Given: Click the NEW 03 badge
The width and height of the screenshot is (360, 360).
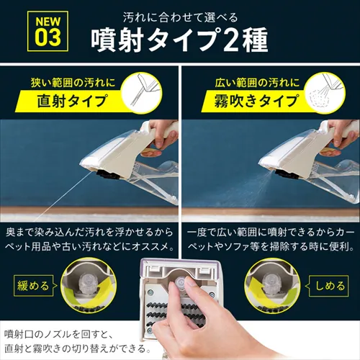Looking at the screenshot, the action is click(x=48, y=31).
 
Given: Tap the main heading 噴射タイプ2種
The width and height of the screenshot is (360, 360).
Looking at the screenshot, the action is click(x=179, y=40).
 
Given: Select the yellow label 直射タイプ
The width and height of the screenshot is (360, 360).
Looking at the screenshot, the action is click(x=71, y=101).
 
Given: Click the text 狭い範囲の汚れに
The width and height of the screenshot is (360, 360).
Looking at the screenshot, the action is click(x=73, y=83).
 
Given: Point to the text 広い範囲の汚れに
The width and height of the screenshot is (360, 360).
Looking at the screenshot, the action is click(x=257, y=83).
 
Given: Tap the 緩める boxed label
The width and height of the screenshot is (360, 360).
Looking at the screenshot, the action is click(x=34, y=286).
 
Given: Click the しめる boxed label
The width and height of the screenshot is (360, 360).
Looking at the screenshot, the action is click(x=329, y=286).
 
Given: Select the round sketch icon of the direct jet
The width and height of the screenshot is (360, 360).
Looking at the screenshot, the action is click(x=142, y=93).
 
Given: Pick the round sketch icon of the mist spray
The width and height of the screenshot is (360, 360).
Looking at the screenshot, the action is click(x=325, y=93).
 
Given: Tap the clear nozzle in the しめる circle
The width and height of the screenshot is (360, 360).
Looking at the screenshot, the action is click(x=272, y=282).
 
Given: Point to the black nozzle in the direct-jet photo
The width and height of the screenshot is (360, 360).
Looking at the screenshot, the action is click(x=109, y=174).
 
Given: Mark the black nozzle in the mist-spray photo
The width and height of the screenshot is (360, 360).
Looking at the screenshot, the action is click(x=287, y=174).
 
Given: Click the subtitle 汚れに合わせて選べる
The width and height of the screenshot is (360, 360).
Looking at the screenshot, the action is click(x=180, y=18).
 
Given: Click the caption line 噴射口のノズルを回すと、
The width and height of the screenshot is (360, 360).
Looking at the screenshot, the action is click(x=57, y=335).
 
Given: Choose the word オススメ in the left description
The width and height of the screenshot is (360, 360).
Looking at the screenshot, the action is click(x=150, y=247).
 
